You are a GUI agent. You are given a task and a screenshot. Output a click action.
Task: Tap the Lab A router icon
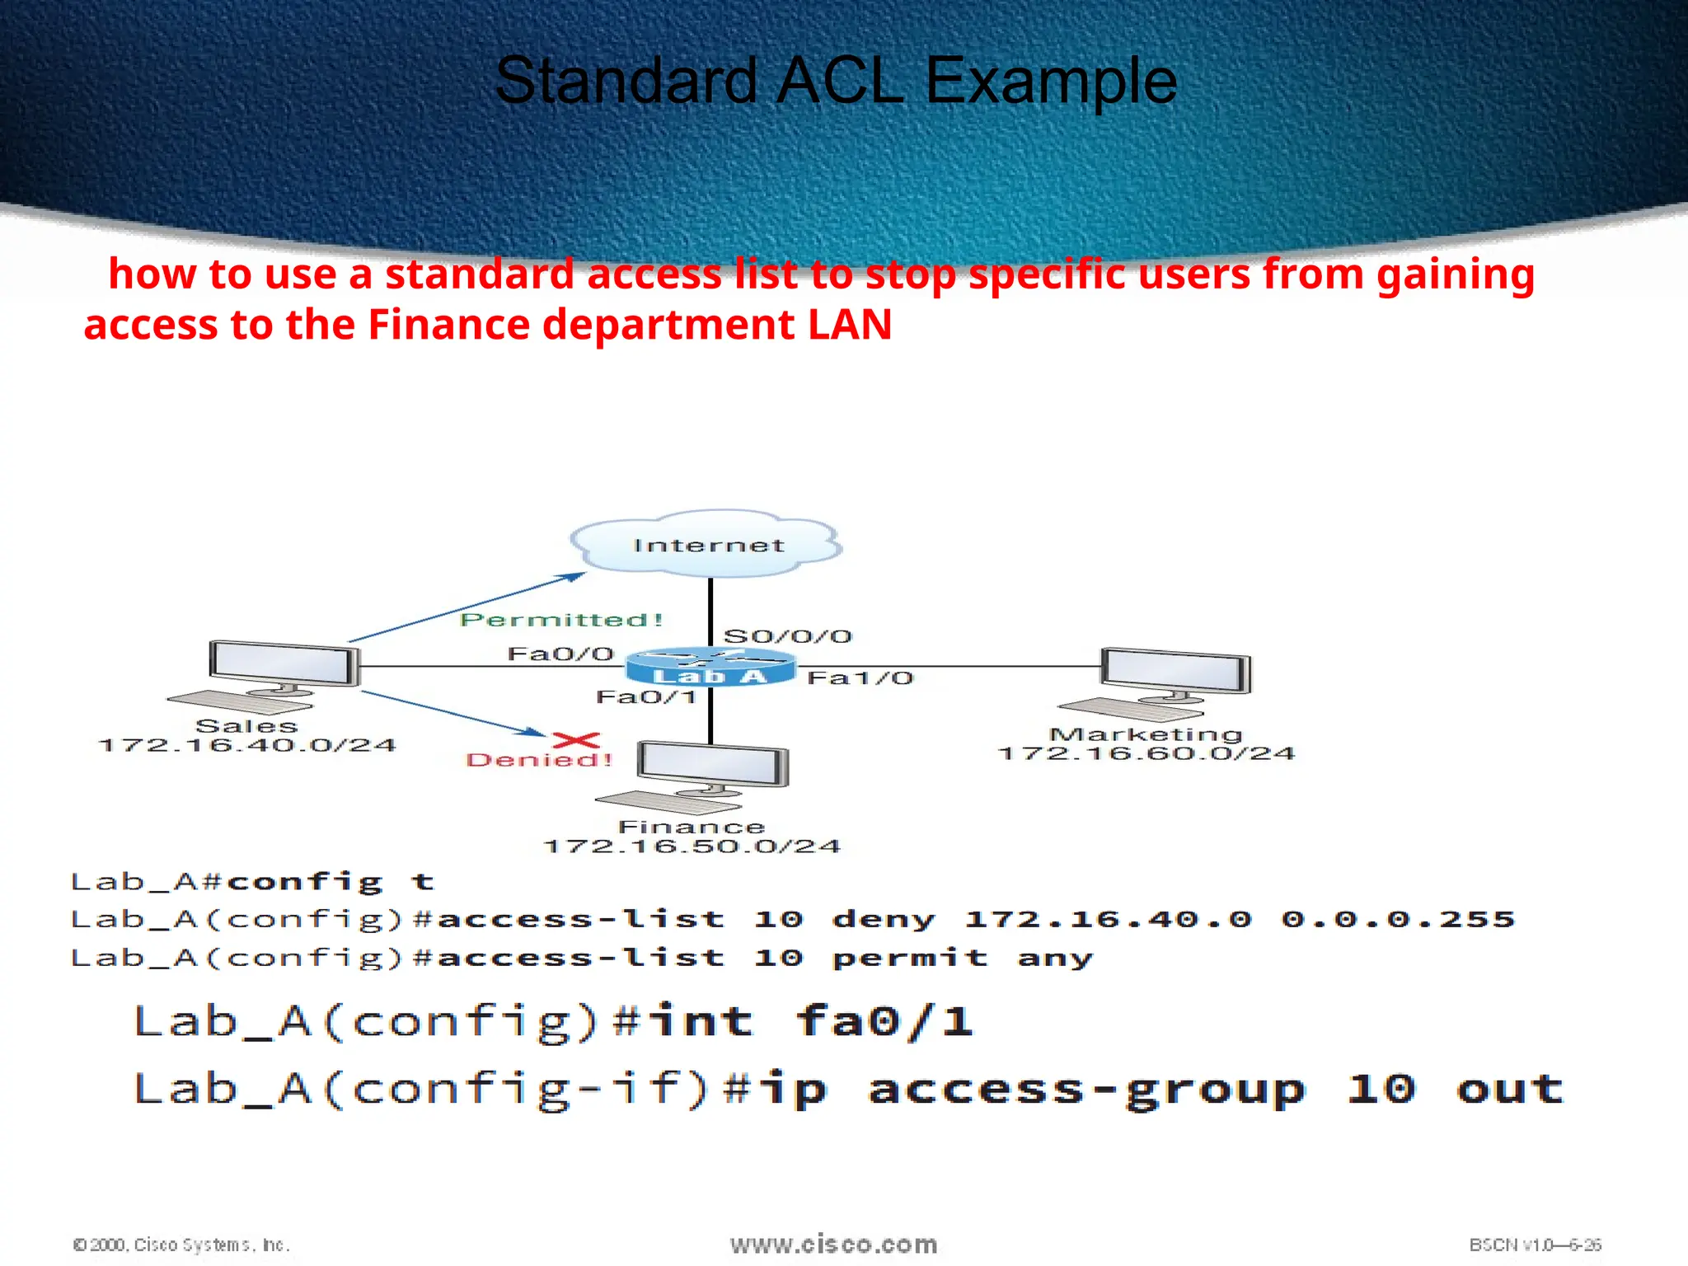click(710, 666)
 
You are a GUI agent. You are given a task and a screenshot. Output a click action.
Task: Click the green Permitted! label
click(561, 620)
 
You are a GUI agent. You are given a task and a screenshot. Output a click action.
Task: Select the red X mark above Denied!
click(576, 739)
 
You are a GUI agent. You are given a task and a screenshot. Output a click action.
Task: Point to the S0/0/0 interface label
click(787, 636)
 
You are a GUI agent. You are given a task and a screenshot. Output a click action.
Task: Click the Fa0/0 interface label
click(560, 654)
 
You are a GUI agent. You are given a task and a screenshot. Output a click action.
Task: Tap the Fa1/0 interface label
click(860, 678)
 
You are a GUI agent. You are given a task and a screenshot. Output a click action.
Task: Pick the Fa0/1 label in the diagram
click(646, 697)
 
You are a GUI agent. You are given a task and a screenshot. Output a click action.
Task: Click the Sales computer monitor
click(284, 664)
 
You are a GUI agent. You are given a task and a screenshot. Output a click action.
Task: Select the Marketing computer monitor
click(1176, 672)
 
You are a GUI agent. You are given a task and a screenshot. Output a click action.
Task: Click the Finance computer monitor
click(713, 764)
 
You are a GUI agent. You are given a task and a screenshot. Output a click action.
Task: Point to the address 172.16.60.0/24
click(1146, 753)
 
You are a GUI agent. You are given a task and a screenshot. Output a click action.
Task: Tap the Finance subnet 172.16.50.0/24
click(692, 846)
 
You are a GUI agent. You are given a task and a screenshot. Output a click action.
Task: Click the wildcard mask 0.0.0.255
click(1398, 919)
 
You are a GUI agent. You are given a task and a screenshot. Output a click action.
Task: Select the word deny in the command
click(884, 919)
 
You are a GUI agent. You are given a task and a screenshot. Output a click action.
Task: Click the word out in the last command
click(1509, 1089)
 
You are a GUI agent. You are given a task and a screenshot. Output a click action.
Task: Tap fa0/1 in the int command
click(884, 1022)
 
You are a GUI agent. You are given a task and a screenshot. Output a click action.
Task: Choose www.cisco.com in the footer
click(833, 1245)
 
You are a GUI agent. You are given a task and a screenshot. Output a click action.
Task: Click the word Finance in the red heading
click(448, 324)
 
